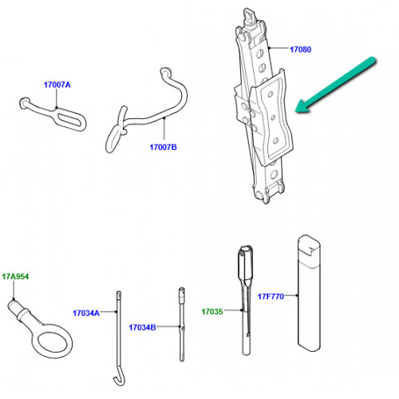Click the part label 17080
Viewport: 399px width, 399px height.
pyautogui.click(x=300, y=49)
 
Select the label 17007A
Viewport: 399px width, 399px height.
pyautogui.click(x=57, y=85)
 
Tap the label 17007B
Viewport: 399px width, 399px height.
pyautogui.click(x=163, y=147)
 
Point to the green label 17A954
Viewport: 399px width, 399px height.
pyautogui.click(x=15, y=277)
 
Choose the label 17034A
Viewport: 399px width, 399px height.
pyautogui.click(x=86, y=313)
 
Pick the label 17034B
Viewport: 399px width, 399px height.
pyautogui.click(x=142, y=327)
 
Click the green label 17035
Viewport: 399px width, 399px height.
pyautogui.click(x=212, y=311)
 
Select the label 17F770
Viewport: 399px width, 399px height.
pyautogui.click(x=271, y=296)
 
